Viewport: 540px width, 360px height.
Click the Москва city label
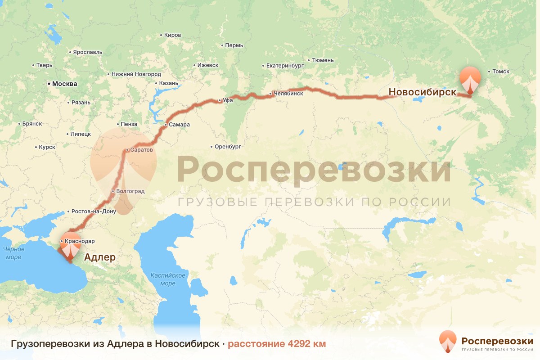64,84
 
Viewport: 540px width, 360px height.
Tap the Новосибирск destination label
422,92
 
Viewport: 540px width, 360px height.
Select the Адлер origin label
100,257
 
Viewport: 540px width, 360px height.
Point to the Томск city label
500,72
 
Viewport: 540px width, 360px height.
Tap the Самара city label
179,125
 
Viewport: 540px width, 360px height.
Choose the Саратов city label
140,149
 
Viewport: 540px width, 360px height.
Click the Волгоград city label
130,191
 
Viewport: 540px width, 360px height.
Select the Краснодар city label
80,241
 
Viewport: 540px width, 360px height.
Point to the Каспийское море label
168,279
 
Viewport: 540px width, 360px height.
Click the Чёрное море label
13,253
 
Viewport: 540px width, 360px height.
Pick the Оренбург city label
228,147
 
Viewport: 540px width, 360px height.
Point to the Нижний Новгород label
136,74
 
